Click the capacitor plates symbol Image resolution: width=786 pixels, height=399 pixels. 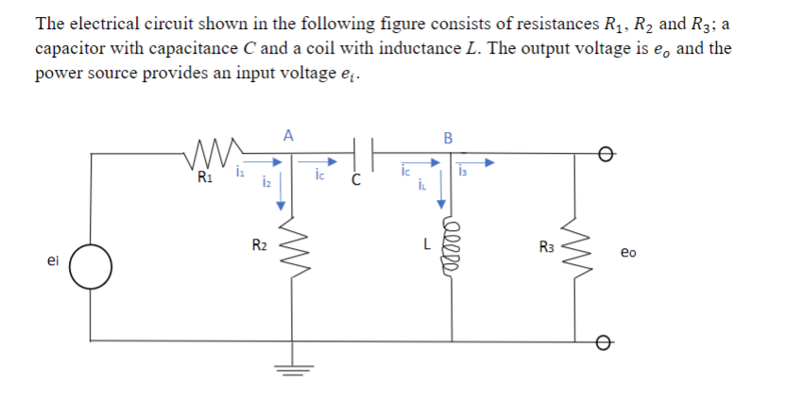point(362,150)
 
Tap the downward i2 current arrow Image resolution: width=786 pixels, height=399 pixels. point(282,184)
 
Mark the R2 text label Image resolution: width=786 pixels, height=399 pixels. point(258,246)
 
